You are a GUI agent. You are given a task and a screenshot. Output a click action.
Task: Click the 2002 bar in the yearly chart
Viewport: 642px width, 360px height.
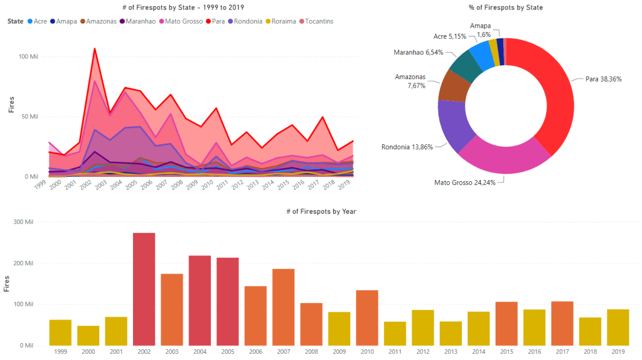tap(144, 289)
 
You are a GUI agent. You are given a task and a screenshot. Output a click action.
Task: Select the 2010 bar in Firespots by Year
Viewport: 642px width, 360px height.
tap(367, 317)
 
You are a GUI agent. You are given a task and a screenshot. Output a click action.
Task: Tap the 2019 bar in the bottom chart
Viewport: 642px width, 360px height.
tap(618, 327)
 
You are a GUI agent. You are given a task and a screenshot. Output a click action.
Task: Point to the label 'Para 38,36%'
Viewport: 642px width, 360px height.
tap(603, 80)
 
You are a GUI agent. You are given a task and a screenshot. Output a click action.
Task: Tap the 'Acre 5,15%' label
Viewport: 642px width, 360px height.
tap(449, 36)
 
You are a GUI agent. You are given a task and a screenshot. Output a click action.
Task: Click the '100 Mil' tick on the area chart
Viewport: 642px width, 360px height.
tap(28, 57)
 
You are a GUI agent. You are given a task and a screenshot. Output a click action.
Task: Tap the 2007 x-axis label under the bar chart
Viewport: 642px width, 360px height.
tap(283, 352)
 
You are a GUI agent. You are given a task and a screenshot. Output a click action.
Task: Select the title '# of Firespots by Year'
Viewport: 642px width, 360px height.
tap(321, 211)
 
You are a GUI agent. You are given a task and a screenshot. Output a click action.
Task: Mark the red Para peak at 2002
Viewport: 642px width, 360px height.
tap(95, 48)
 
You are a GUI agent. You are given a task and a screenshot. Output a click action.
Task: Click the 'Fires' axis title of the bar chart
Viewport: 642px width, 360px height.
tap(7, 283)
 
